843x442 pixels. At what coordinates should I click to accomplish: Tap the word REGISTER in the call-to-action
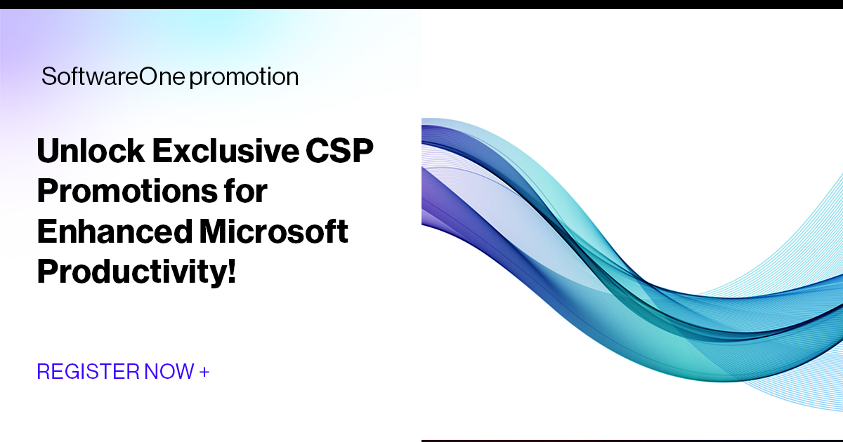(x=88, y=371)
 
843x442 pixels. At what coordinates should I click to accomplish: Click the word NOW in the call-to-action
(x=169, y=371)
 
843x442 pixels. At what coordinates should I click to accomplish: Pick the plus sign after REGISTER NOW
(x=204, y=371)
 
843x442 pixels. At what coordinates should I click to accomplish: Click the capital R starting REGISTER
(x=43, y=371)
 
